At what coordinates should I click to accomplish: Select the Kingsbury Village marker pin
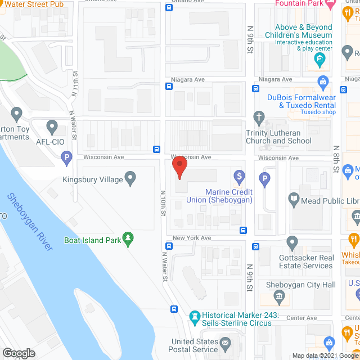[x=130, y=179]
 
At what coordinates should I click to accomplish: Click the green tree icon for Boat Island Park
[x=129, y=239]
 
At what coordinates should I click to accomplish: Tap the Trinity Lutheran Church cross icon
[x=259, y=118]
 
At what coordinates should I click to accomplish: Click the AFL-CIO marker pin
[x=52, y=127]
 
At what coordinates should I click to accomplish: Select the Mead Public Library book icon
[x=293, y=198]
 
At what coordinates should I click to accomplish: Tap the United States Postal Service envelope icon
[x=226, y=343]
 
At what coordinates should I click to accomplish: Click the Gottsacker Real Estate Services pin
[x=292, y=243]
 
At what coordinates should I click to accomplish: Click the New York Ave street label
[x=192, y=238]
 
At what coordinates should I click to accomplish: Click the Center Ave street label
[x=301, y=318]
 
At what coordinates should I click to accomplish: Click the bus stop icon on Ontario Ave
[x=169, y=7]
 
